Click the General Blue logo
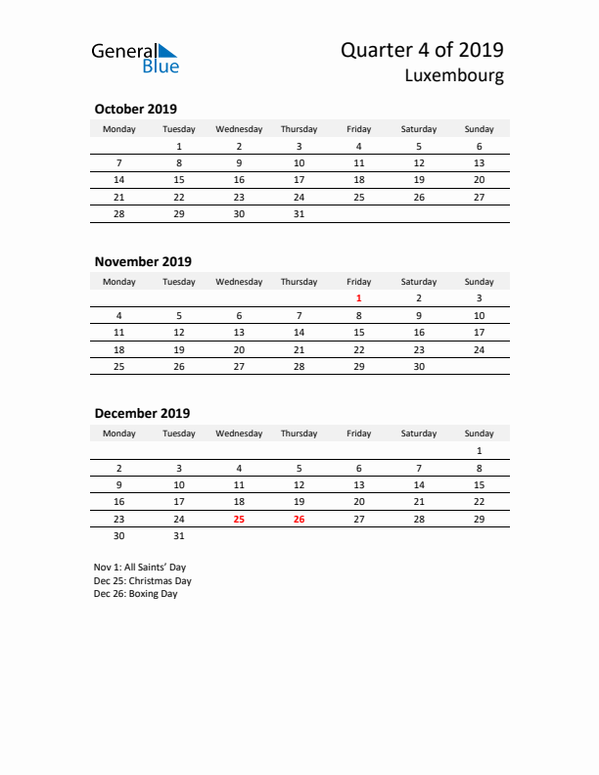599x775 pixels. coord(135,58)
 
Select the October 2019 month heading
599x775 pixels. coord(135,109)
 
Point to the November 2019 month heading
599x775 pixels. coord(143,261)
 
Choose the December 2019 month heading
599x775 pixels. coord(142,413)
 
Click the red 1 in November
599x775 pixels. coord(359,297)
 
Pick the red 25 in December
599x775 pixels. coord(239,519)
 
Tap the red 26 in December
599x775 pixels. coord(299,519)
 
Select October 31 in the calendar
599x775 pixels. coord(299,213)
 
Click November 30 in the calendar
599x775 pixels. coord(419,366)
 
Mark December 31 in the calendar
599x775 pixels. coord(179,535)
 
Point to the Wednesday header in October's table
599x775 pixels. coord(239,129)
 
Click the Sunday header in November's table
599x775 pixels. coord(479,282)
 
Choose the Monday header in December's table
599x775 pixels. coord(119,433)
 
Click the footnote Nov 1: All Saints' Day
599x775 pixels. coord(139,568)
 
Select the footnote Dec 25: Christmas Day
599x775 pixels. coord(143,580)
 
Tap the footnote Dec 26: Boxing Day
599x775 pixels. coord(136,594)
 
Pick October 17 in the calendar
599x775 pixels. coord(299,180)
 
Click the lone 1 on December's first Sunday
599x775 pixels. coord(479,451)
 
